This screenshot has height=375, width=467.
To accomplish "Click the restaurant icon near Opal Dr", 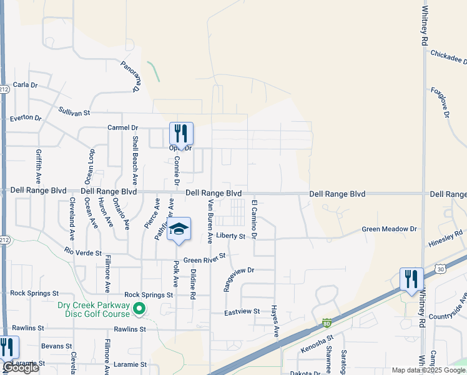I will pos(181,133).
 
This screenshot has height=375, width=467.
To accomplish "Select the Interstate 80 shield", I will pos(327,323).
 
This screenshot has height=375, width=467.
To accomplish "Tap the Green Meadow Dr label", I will pos(389,229).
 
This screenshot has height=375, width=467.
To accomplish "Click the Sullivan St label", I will pos(74,111).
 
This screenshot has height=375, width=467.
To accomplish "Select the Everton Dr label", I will pos(26,117).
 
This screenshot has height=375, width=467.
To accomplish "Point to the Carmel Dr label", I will pos(122,127).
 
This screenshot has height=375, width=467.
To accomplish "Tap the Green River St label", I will pos(204,257).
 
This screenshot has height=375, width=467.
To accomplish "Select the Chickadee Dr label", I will pos(449,57).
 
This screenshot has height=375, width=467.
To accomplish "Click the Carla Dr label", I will pos(26,84).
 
